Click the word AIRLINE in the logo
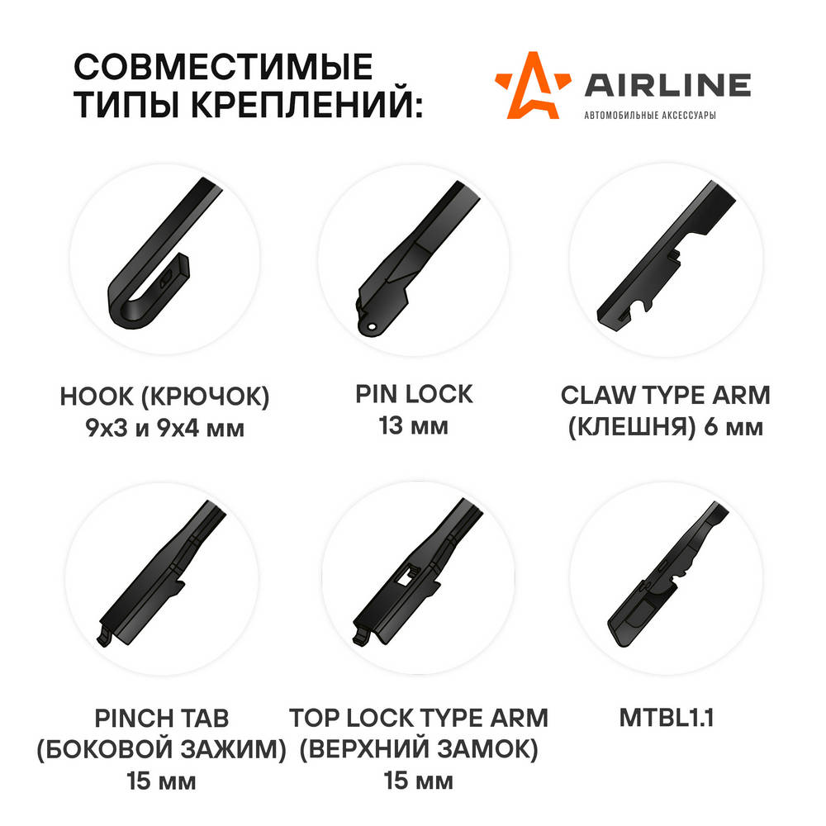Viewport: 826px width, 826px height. [667, 85]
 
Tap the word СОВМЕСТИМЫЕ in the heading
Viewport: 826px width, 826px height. [223, 67]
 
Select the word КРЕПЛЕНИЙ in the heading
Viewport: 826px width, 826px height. [306, 104]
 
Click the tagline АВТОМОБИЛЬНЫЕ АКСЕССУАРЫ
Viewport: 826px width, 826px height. [650, 115]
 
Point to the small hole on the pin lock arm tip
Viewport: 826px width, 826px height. [372, 326]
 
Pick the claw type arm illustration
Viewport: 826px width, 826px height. [667, 257]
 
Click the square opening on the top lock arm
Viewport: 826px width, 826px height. [406, 575]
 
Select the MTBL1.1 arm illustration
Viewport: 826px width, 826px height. [667, 575]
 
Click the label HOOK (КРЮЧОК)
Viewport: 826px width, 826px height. [164, 396]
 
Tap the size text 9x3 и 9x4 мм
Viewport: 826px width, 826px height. [165, 428]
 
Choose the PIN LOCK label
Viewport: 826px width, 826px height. [414, 394]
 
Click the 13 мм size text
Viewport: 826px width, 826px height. [414, 425]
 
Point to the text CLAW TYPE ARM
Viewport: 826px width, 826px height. [665, 395]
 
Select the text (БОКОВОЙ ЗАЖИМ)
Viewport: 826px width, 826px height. [161, 750]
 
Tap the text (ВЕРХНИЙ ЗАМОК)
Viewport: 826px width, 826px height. [419, 750]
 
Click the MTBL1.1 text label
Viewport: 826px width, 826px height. [667, 718]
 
